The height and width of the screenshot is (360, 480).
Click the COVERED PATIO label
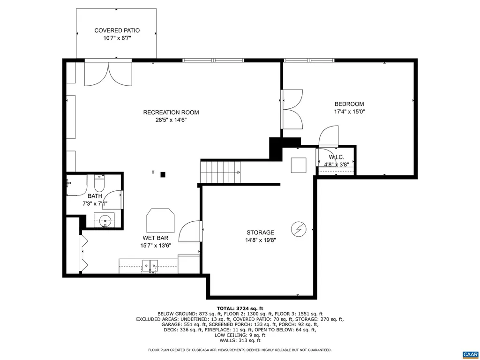point(117,30)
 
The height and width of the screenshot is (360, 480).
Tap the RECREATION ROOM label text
point(171,112)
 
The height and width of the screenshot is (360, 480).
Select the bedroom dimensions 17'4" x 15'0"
point(349,112)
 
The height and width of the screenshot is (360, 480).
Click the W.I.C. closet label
point(336,157)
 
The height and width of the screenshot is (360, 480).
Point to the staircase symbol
point(220,172)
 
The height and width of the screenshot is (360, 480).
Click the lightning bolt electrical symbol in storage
point(298,229)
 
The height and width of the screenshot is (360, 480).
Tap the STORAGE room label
point(260,232)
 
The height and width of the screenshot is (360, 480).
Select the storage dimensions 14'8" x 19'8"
point(260,240)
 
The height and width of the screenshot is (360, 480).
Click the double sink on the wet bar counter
point(150,266)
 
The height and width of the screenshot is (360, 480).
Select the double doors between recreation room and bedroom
point(291,109)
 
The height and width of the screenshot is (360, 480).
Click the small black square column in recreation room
point(163,175)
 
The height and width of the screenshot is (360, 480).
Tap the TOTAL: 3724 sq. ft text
point(240,308)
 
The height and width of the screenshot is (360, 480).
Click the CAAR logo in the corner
point(469,354)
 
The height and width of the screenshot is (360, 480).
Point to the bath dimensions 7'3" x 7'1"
point(95,203)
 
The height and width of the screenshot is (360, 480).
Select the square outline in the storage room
point(299,165)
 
